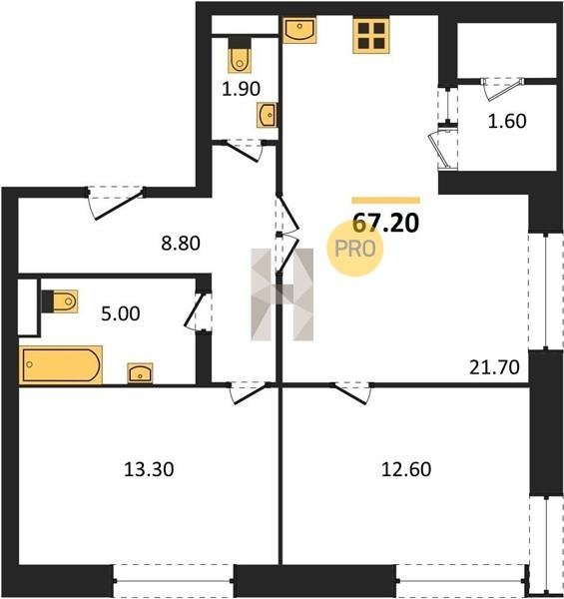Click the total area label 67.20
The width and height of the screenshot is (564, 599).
point(385,223)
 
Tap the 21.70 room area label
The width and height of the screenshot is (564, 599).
point(494,367)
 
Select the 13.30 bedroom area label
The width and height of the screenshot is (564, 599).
point(149,469)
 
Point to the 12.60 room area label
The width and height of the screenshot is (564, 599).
point(406,469)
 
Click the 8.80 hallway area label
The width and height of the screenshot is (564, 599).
point(181,244)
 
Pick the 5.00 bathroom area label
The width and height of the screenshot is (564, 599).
point(120,314)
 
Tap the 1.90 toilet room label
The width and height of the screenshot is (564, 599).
point(241,89)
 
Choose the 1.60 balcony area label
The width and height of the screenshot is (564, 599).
point(507,121)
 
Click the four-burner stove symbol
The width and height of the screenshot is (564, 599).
point(370,36)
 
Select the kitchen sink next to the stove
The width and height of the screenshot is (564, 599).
point(299,30)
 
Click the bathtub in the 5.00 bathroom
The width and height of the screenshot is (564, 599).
point(61,364)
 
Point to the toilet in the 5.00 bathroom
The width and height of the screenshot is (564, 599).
point(60,301)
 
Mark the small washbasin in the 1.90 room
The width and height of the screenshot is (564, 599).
point(267,115)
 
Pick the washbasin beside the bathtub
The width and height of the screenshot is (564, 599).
point(140,372)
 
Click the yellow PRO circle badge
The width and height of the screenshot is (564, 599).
point(355,249)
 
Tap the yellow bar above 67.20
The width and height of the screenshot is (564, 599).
point(385,201)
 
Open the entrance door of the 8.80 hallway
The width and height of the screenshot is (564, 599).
point(116,203)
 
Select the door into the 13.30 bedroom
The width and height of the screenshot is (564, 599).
point(251,392)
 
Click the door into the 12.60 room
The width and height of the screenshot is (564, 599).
point(352,392)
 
